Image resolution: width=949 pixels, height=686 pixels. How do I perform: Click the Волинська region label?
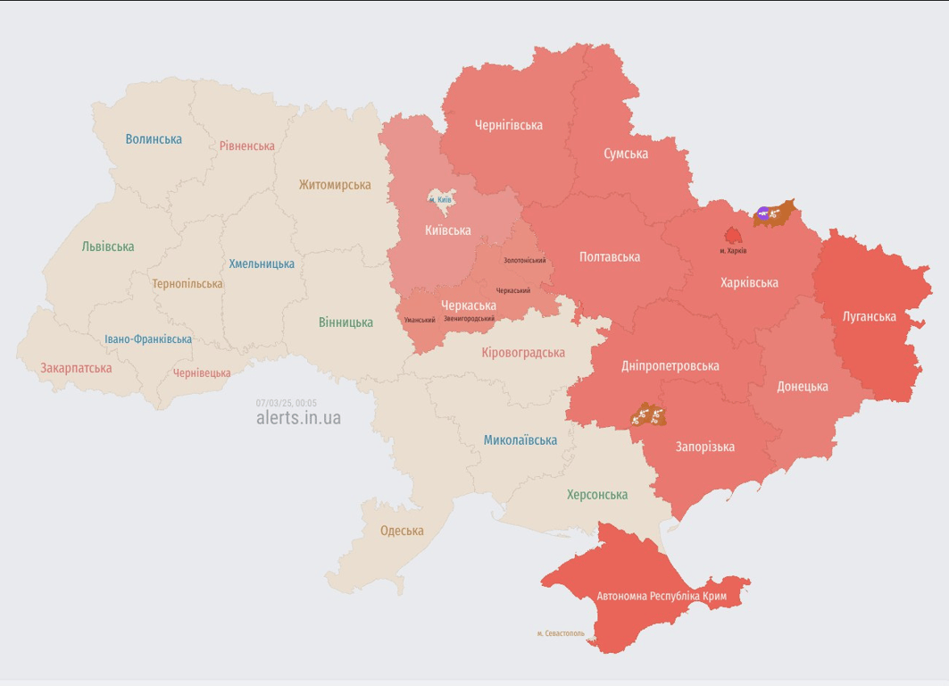154,139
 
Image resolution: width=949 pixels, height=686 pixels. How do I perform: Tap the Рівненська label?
247,146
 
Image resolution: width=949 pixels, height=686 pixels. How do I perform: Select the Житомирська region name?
335,185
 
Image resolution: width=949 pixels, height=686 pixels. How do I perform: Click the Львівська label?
107,247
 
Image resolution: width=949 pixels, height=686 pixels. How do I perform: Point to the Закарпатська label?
76,368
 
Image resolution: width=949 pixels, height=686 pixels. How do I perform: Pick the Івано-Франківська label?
148,339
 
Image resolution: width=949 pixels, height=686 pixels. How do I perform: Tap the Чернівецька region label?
202,373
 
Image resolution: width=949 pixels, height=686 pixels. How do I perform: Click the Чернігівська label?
509,125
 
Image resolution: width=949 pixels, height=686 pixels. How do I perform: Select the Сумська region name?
626,154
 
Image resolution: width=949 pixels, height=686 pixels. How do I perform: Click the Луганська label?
870,316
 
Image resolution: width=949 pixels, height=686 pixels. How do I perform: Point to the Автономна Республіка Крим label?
662,596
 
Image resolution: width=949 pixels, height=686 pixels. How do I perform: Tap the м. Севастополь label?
561,633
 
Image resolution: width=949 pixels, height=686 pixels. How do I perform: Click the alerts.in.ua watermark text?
298,418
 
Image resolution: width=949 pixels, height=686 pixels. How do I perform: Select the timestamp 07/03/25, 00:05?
286,403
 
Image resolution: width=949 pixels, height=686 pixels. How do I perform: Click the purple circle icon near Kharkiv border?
762,213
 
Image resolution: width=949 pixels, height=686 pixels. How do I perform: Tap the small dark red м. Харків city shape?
732,236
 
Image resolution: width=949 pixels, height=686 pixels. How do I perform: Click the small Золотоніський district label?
524,261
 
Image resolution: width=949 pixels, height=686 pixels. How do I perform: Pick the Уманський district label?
419,320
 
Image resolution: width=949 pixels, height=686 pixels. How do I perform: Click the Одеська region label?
402,531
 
